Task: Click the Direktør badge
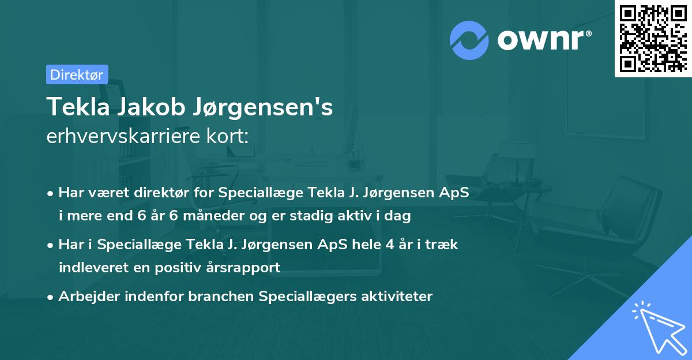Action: [x=77, y=74]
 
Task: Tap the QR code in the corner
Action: [x=653, y=38]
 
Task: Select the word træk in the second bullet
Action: [x=442, y=245]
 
